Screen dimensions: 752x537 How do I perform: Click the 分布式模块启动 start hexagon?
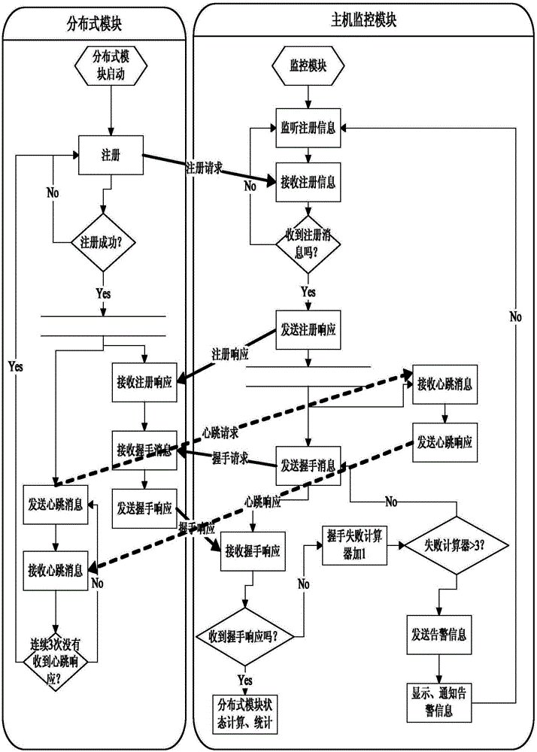pos(111,65)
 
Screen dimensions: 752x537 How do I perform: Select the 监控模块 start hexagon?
pos(307,65)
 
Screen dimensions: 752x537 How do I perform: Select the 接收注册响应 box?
pos(145,381)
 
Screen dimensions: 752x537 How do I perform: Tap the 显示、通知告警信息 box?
pos(441,700)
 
